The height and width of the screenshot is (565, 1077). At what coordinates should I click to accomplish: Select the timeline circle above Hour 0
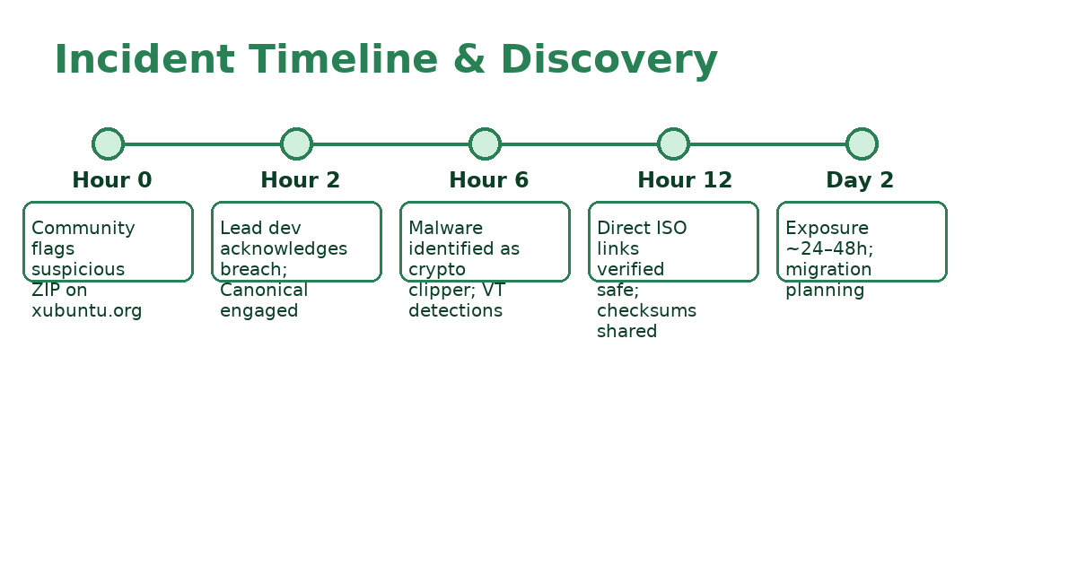click(x=108, y=143)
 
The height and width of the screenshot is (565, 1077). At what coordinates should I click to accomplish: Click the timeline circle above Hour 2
click(x=296, y=143)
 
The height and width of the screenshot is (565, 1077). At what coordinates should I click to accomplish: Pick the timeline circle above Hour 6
click(x=485, y=143)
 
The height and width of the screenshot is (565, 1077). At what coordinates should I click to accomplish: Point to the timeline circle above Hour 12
click(x=673, y=143)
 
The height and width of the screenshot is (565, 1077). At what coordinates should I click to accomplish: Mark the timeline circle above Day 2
click(x=862, y=143)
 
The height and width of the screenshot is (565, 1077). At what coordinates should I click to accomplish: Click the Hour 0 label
click(x=112, y=180)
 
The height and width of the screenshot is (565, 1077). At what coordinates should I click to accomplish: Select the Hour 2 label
click(x=301, y=180)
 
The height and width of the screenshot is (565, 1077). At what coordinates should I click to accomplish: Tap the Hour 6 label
click(x=489, y=180)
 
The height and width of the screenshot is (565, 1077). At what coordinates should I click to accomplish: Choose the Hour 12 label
click(x=685, y=180)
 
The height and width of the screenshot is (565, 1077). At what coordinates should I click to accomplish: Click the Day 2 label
click(x=860, y=180)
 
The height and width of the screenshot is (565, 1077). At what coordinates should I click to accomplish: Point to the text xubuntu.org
click(x=87, y=311)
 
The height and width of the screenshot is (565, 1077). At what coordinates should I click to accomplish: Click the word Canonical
click(x=264, y=291)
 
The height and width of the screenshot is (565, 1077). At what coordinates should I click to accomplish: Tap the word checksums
click(x=646, y=311)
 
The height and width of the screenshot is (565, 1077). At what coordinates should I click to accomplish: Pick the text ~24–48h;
click(x=829, y=249)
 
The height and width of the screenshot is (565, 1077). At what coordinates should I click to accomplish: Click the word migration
click(x=828, y=270)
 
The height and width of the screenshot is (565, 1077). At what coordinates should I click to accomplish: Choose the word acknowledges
click(x=284, y=249)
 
